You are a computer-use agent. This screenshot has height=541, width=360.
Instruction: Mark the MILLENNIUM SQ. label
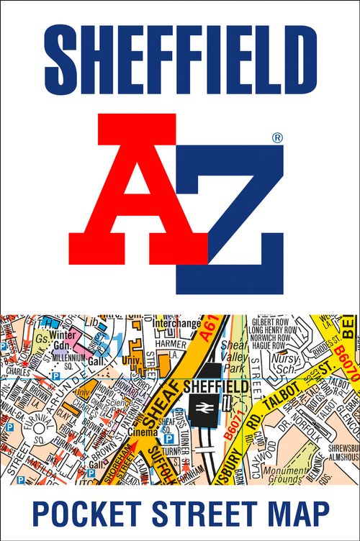(x=66, y=356)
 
